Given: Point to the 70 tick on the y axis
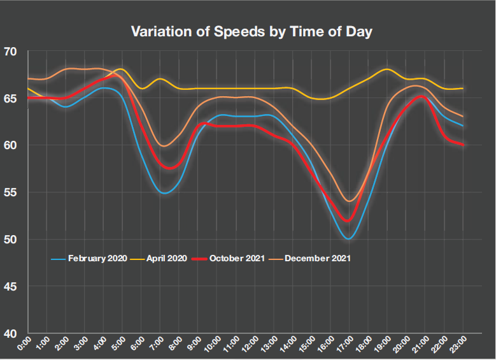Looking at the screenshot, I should (x=13, y=52).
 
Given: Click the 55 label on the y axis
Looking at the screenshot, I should (x=13, y=192).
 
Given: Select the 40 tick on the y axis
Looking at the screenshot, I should (x=13, y=333).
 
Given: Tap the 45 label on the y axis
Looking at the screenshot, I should (x=13, y=286).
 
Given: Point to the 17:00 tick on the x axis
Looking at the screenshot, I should (x=344, y=347).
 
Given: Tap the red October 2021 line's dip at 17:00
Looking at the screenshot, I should (x=348, y=221).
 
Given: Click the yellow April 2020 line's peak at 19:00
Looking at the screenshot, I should (x=386, y=69).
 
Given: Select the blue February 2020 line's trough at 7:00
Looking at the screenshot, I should (x=164, y=192).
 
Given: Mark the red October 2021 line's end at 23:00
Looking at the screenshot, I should (x=462, y=145).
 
